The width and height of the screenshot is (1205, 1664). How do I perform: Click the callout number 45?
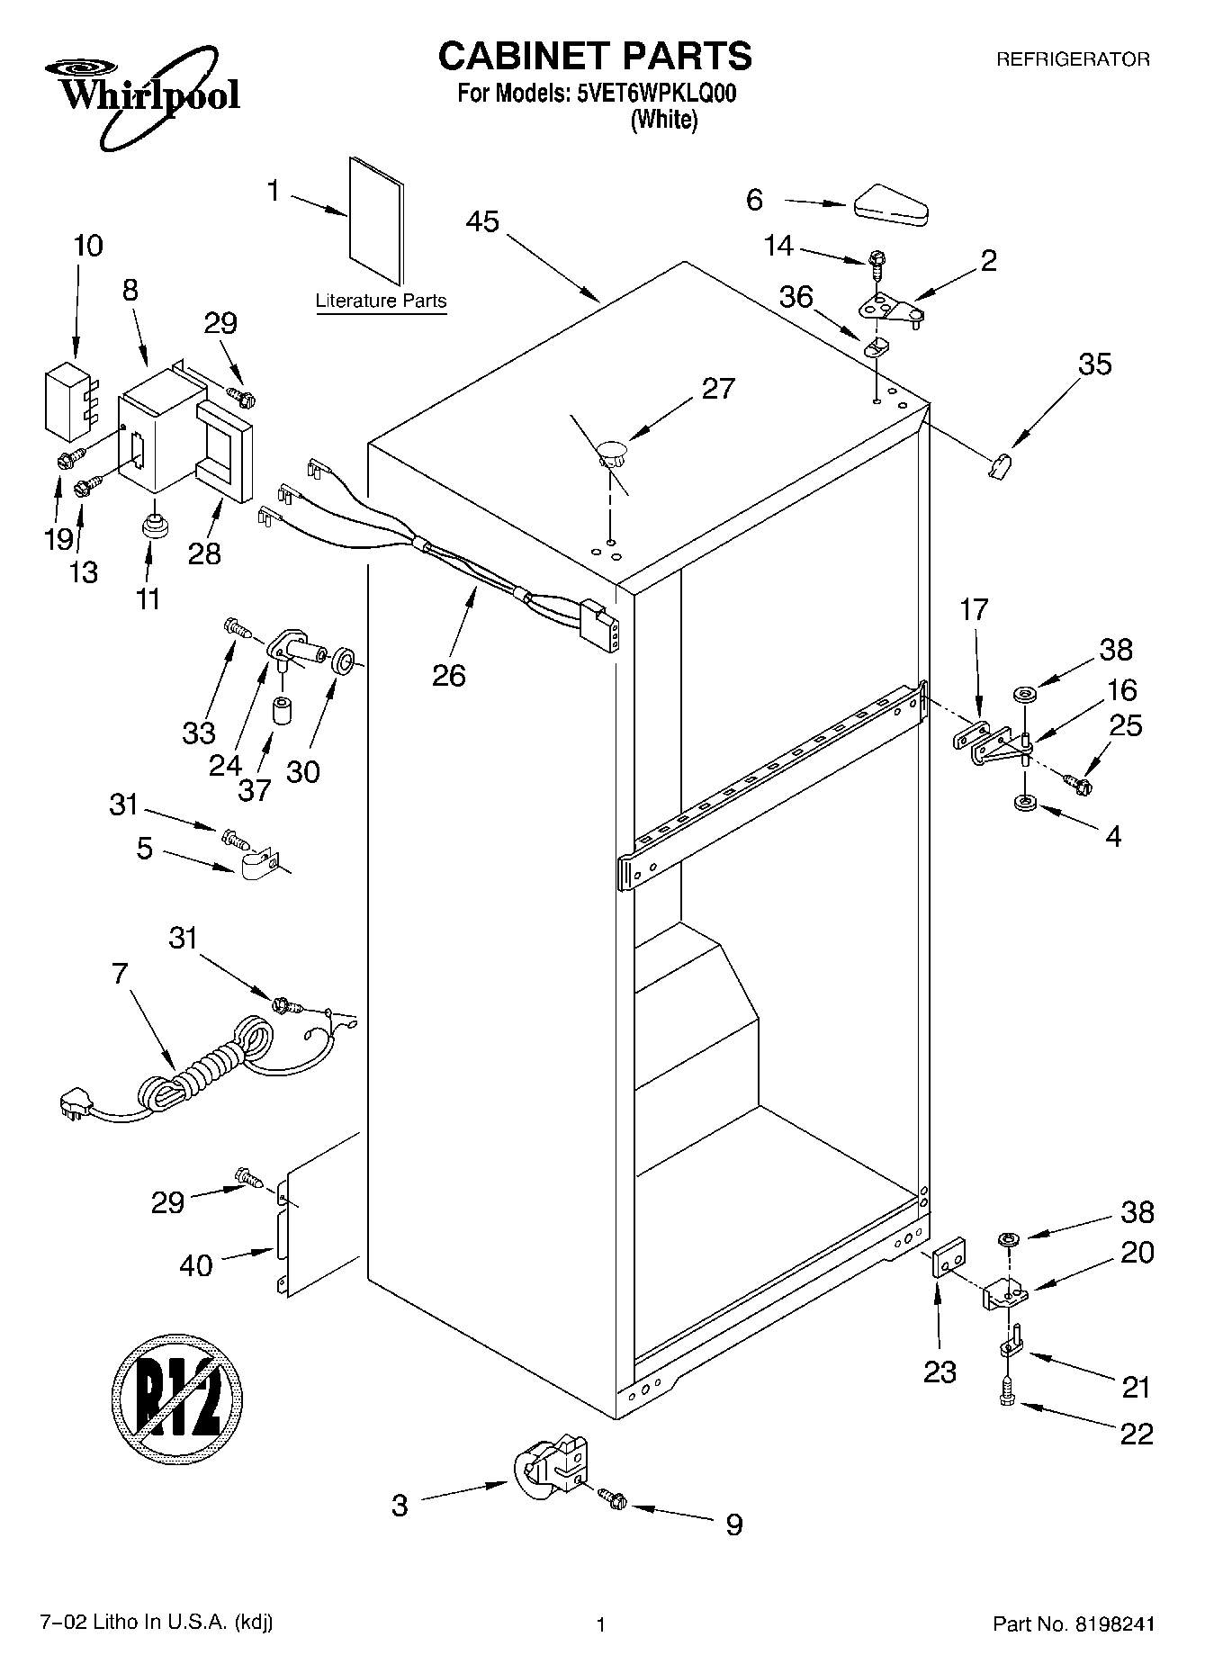[x=483, y=221]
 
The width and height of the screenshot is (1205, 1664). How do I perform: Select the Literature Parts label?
[x=381, y=301]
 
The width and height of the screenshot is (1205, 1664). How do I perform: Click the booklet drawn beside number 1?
[x=376, y=221]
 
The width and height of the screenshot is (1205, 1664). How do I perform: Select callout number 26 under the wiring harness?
[x=449, y=674]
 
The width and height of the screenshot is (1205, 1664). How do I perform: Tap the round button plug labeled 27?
[x=612, y=450]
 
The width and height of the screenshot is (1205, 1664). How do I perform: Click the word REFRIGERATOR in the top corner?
[x=1072, y=60]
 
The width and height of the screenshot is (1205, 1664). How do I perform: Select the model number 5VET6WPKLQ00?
[x=656, y=94]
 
